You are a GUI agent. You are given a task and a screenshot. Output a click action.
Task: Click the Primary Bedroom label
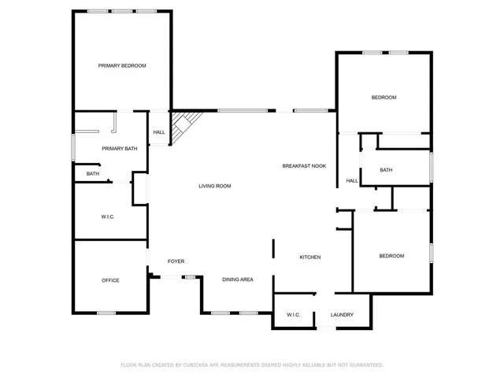click(x=122, y=65)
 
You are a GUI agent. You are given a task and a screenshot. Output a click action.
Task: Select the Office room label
click(x=110, y=280)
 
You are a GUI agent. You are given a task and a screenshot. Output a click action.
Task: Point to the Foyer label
click(x=176, y=261)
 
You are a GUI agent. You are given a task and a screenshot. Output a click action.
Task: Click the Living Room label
click(x=214, y=186)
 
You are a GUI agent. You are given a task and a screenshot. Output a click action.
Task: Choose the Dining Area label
click(x=237, y=280)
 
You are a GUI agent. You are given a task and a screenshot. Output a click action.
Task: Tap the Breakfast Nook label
click(x=304, y=166)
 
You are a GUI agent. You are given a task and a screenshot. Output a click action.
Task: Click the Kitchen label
click(x=309, y=258)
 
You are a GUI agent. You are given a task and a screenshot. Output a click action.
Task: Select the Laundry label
click(x=342, y=315)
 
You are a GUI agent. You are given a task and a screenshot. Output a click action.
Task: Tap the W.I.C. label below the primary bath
click(x=108, y=217)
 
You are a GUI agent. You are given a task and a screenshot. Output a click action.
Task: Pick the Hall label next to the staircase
click(x=159, y=132)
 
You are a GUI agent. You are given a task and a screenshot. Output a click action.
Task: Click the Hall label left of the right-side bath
click(x=351, y=180)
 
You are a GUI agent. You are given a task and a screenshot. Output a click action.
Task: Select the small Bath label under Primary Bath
click(x=93, y=173)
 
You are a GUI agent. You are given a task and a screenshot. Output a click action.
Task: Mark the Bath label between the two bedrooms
click(x=386, y=170)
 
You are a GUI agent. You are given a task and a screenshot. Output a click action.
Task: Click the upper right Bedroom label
click(x=384, y=97)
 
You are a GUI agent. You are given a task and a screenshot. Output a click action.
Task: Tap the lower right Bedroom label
click(x=391, y=256)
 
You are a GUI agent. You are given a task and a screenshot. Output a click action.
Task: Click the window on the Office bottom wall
click(x=106, y=313)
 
